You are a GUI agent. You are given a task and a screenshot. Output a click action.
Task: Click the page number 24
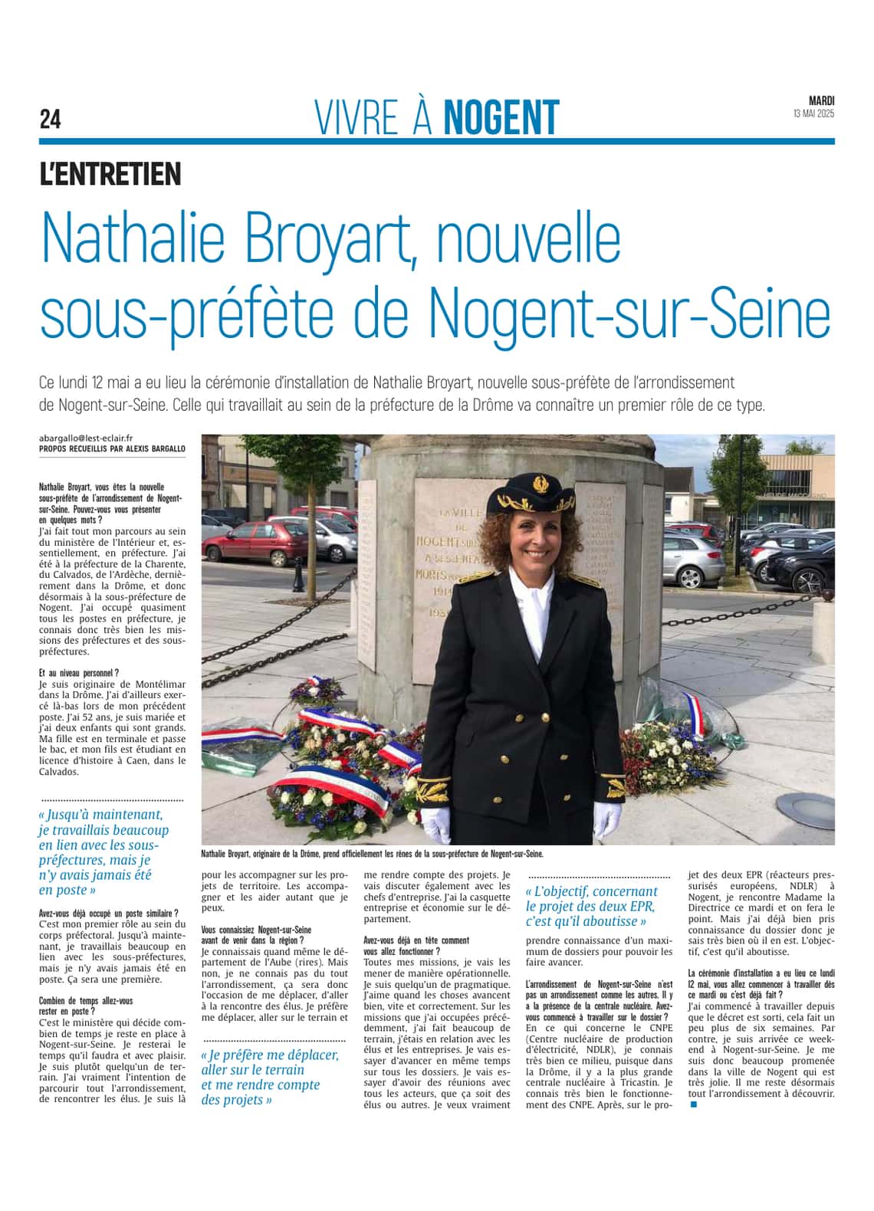[x=50, y=120]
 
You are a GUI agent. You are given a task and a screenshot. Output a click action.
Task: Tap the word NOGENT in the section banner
[x=501, y=118]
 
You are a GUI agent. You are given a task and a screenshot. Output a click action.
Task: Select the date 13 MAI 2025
[x=813, y=114]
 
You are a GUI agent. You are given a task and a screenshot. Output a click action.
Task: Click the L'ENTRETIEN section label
[x=110, y=174]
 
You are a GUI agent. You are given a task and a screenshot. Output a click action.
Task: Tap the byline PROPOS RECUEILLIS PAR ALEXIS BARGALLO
[x=112, y=448]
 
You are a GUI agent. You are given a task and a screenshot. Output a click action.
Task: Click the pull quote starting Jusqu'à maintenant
[x=103, y=852]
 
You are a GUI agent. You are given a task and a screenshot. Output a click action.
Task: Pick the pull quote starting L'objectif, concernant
[x=592, y=906]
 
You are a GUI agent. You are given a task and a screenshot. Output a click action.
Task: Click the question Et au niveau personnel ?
[x=79, y=672]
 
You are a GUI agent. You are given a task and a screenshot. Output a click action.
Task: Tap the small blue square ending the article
[x=694, y=1104]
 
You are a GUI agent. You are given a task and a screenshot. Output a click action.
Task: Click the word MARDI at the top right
[x=822, y=100]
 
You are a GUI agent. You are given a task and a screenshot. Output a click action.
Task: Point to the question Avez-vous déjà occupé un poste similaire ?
[x=108, y=913]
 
